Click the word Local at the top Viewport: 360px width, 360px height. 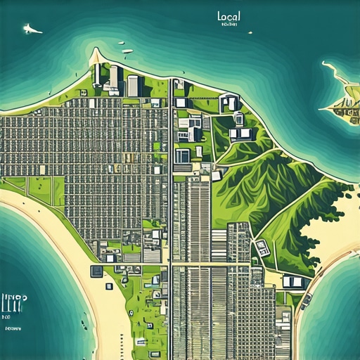(x=229, y=15)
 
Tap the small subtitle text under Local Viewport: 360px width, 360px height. (x=229, y=25)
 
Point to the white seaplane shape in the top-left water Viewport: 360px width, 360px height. (x=32, y=29)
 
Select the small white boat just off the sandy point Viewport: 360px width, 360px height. (x=127, y=51)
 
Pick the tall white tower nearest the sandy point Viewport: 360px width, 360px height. (x=113, y=76)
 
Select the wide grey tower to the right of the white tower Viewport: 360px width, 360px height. (x=133, y=85)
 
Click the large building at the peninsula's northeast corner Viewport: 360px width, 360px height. (x=229, y=103)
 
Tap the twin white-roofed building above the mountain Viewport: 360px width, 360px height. (x=240, y=133)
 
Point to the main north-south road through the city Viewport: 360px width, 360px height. (x=171, y=211)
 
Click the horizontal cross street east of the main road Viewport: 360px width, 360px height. (x=211, y=264)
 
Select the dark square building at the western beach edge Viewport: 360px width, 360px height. (x=96, y=271)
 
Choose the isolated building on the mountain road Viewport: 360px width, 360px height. (x=262, y=247)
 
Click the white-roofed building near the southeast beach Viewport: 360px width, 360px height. (x=294, y=282)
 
